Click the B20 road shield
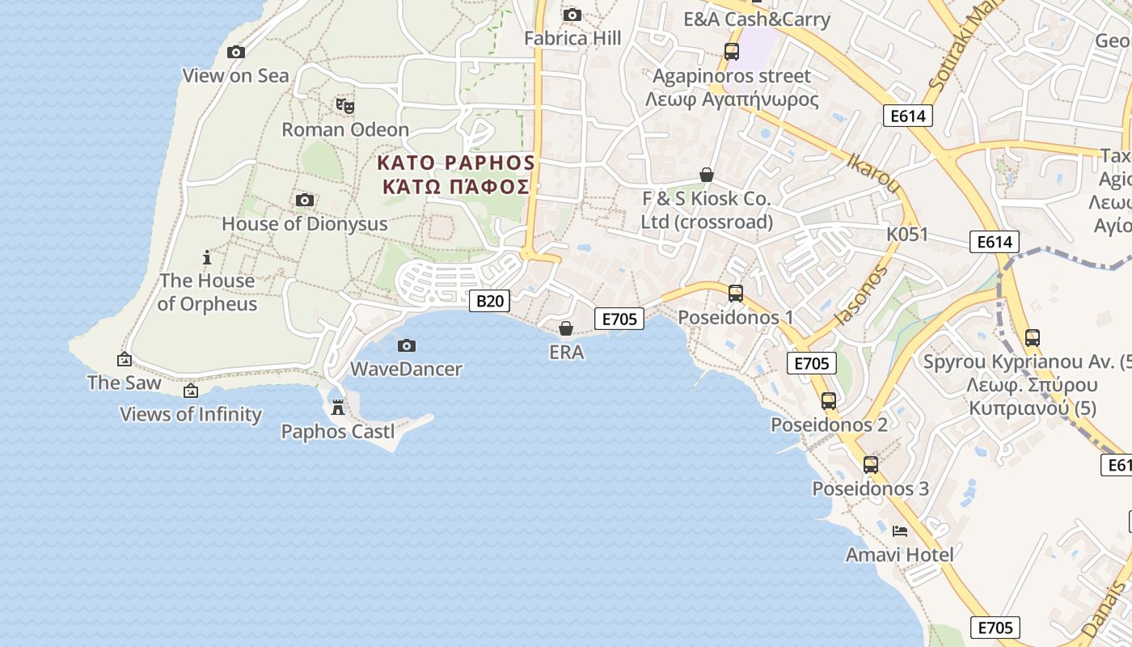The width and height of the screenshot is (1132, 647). click(490, 301)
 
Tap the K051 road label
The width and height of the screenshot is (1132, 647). click(907, 235)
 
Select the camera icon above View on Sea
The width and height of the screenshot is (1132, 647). click(236, 53)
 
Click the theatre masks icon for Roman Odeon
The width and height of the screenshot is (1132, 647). click(345, 105)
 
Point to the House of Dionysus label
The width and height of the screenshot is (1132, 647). click(305, 224)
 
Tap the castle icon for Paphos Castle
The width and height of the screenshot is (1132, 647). click(338, 407)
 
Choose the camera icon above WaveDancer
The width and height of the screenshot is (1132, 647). click(407, 346)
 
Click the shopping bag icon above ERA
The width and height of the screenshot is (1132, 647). click(566, 328)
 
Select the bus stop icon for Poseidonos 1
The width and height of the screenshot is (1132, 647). click(736, 293)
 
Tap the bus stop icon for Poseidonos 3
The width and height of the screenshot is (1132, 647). click(871, 465)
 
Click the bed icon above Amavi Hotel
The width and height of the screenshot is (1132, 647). click(900, 531)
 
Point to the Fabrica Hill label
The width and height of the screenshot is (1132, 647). click(572, 38)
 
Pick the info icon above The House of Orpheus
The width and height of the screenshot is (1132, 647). click(207, 258)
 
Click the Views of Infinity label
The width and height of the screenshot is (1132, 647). click(191, 415)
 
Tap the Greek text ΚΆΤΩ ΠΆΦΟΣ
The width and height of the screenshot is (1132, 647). click(456, 188)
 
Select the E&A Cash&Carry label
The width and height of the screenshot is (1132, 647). click(757, 19)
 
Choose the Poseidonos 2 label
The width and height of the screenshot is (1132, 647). click(829, 425)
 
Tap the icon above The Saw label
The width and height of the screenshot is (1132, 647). click(125, 359)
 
